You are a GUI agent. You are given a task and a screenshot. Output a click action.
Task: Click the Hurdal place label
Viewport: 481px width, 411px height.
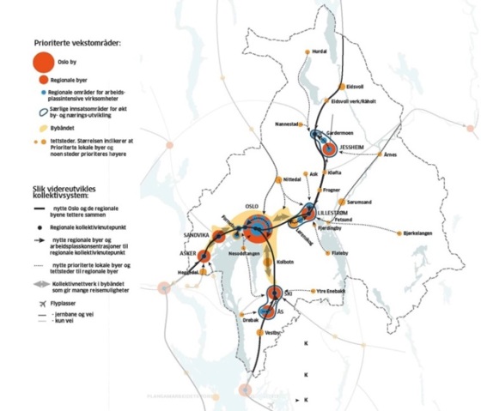[x=321, y=51]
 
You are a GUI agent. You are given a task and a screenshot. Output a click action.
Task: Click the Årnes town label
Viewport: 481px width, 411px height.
[x=392, y=154]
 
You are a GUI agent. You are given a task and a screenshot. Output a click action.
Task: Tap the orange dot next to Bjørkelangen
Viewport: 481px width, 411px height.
[x=397, y=233]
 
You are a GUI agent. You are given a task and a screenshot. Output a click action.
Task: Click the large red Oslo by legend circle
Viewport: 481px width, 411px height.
[x=47, y=61]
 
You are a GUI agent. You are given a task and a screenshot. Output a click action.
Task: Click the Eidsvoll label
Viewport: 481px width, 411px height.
[x=354, y=87]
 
